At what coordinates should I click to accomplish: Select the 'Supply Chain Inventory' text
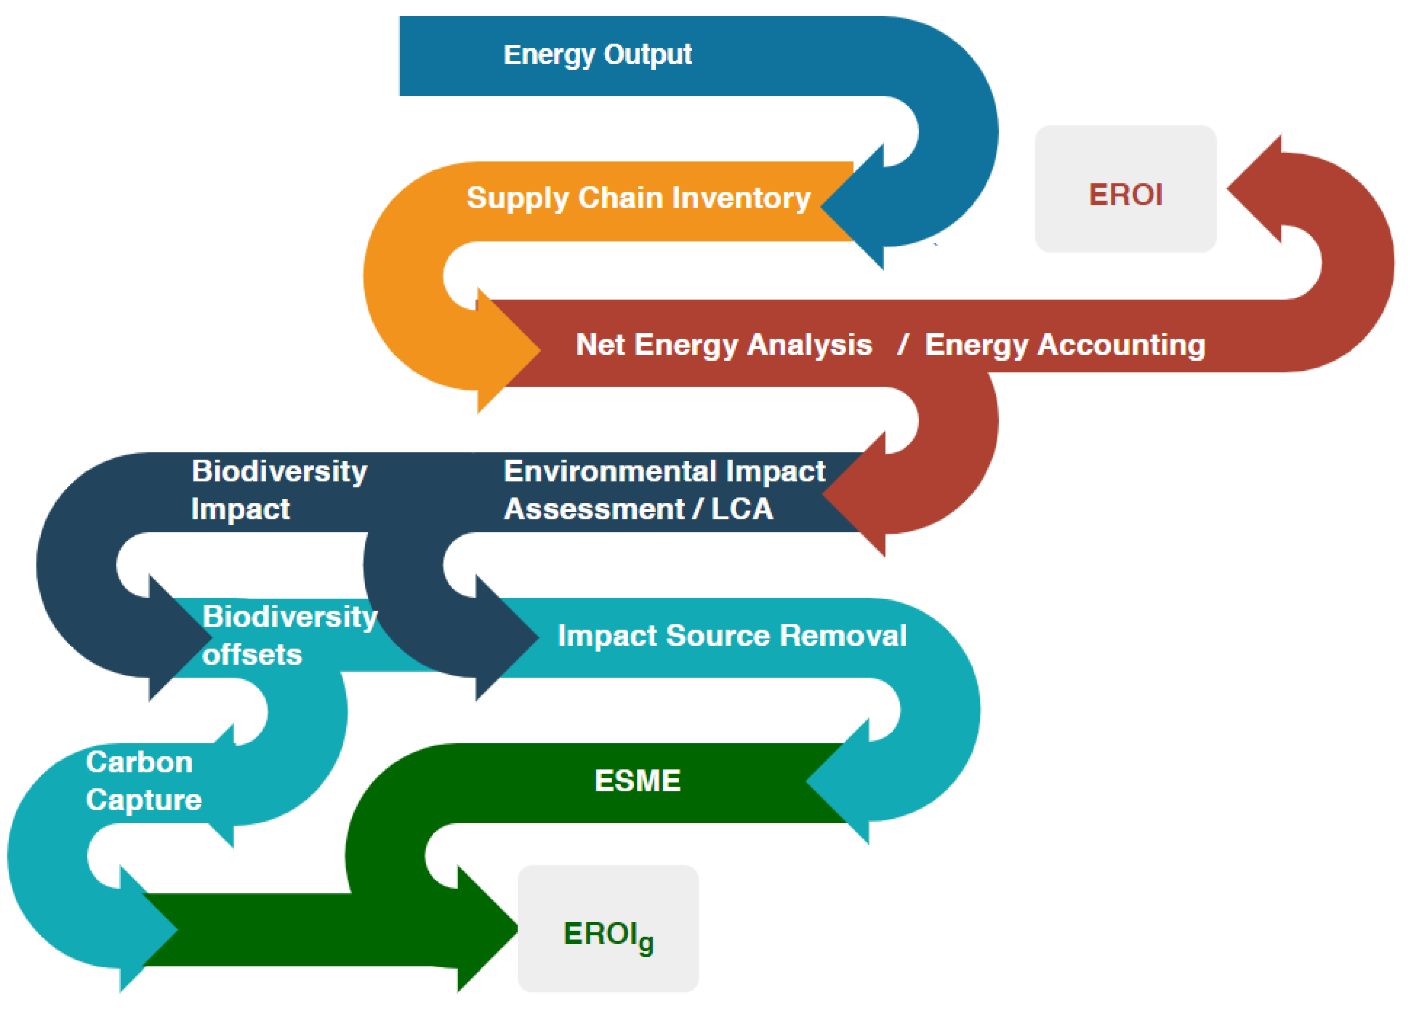pyautogui.click(x=638, y=198)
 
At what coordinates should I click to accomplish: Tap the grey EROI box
pyautogui.click(x=1125, y=189)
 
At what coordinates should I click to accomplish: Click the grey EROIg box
pyautogui.click(x=608, y=929)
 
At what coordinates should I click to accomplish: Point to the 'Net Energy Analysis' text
pyautogui.click(x=724, y=344)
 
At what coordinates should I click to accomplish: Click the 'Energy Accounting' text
pyautogui.click(x=1065, y=344)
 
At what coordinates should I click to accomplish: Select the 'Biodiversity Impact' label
pyautogui.click(x=279, y=490)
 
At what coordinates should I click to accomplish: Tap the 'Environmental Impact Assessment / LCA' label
pyautogui.click(x=664, y=490)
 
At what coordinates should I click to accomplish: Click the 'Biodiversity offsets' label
pyautogui.click(x=290, y=635)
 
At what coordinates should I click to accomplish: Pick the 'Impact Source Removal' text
pyautogui.click(x=732, y=635)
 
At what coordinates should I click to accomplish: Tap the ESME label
pyautogui.click(x=637, y=780)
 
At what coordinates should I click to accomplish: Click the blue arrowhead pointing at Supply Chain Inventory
pyautogui.click(x=855, y=207)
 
